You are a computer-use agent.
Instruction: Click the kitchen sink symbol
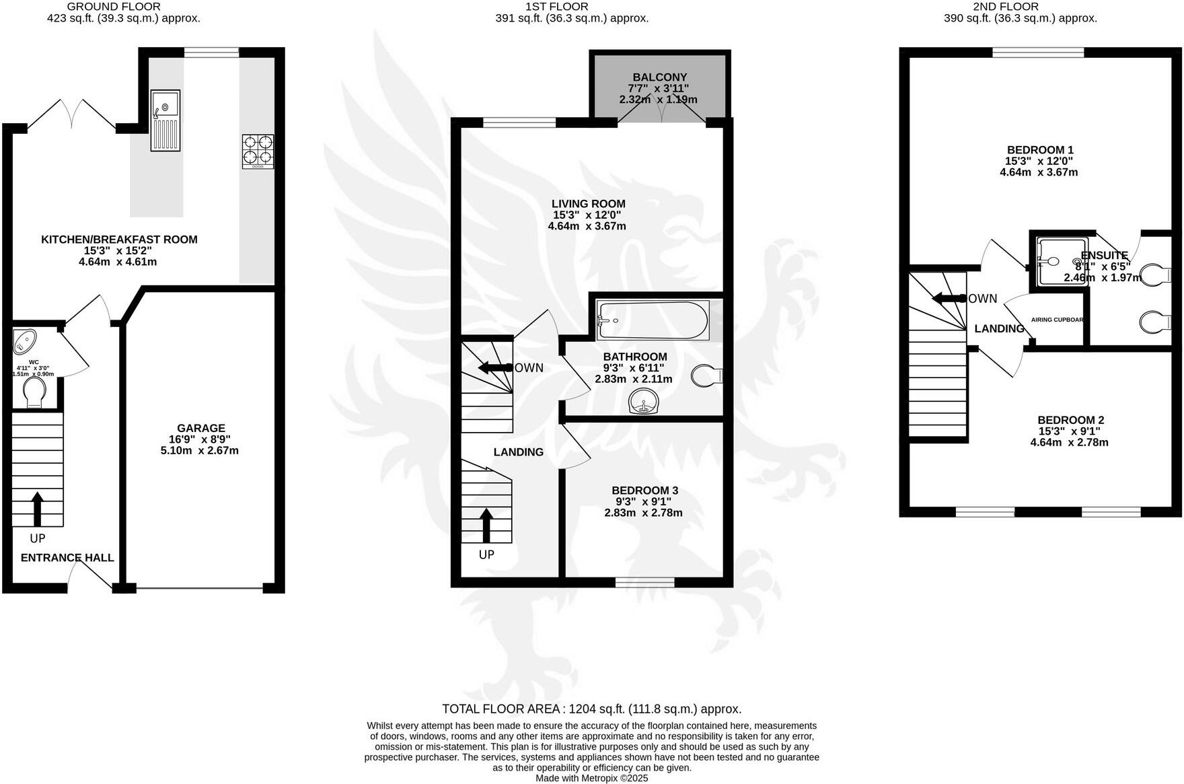coord(165,120)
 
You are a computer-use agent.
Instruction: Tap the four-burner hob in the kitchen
coord(258,151)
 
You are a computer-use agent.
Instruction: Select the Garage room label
coord(200,428)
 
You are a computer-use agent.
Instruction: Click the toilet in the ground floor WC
coord(34,392)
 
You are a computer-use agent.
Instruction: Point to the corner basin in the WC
coord(26,341)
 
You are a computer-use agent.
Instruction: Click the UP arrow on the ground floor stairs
coord(37,509)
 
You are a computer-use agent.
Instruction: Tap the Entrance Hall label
coord(67,558)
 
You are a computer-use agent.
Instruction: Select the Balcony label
coord(659,77)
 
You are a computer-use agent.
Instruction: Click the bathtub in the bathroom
coord(653,321)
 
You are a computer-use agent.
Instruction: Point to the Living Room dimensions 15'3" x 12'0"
coord(587,215)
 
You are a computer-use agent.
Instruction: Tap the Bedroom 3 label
coord(644,491)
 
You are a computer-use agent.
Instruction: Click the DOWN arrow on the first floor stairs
coord(494,367)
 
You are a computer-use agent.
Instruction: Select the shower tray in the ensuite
coord(1060,261)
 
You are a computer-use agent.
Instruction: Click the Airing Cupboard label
coord(1057,320)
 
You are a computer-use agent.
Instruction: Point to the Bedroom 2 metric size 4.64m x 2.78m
coord(1069,442)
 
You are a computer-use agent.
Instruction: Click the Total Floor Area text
coord(591,709)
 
